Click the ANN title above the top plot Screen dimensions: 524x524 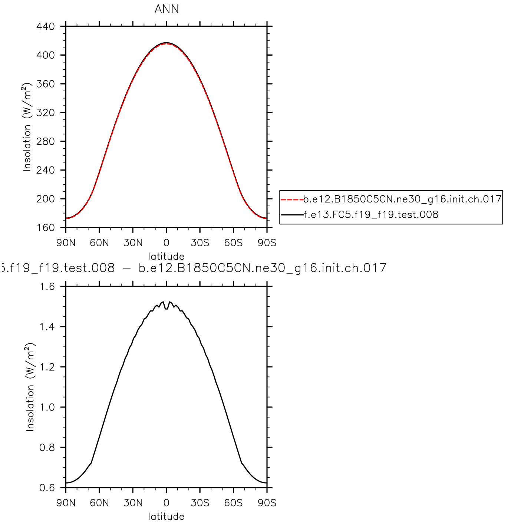point(167,9)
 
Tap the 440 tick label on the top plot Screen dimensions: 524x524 point(46,27)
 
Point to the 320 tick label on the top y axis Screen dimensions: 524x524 point(46,113)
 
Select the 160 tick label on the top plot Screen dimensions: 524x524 point(46,228)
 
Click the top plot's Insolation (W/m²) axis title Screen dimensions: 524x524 point(27,127)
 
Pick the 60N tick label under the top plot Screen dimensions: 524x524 point(99,243)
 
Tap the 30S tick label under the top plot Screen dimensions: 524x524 point(200,243)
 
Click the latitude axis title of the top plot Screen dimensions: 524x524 point(166,256)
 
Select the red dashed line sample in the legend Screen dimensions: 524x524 point(292,200)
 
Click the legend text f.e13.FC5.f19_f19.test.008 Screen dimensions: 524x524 point(371,215)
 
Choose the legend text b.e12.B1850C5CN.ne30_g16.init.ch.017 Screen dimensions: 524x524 point(402,199)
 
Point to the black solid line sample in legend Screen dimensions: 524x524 point(292,215)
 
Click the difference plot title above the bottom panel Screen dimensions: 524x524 point(193,268)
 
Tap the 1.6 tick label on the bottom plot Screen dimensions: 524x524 point(47,287)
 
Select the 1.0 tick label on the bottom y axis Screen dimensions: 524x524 point(47,407)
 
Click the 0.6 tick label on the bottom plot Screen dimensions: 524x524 point(47,488)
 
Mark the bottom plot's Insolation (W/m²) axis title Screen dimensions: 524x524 point(30,387)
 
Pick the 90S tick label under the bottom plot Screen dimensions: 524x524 point(267,503)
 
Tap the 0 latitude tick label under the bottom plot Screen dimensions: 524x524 point(166,503)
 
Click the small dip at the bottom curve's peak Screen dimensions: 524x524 point(166,309)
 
